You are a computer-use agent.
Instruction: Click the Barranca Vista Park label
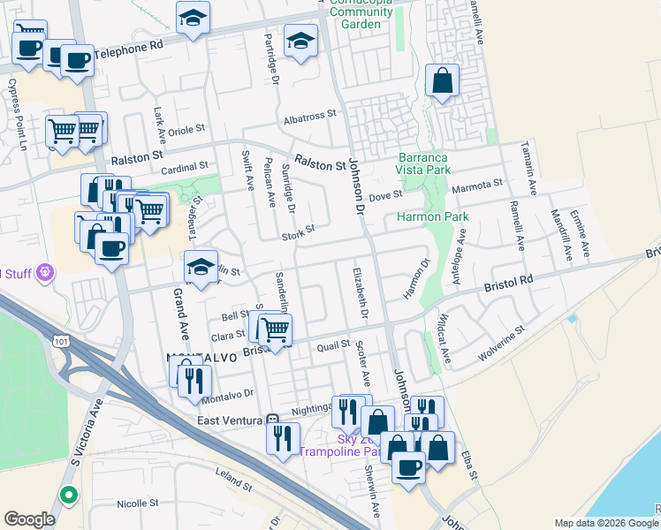coord(423,163)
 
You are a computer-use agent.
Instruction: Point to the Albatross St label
coord(310,115)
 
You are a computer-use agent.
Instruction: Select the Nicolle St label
coord(136,504)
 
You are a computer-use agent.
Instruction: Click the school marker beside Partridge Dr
coord(300,41)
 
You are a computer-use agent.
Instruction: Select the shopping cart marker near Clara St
coord(276,329)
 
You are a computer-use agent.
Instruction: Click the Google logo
coord(29,519)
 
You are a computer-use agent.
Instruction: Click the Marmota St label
coord(477,184)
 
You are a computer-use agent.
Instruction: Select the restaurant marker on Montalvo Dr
coord(194,381)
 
